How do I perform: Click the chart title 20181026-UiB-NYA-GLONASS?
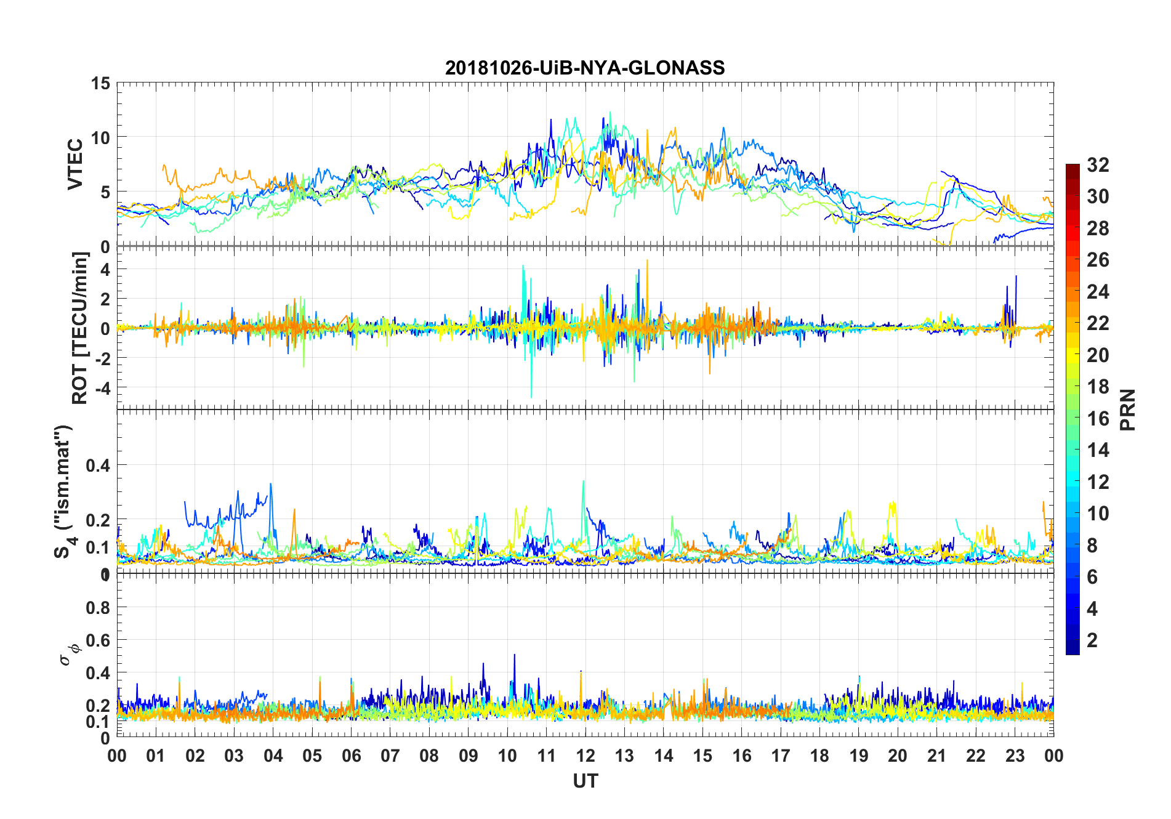pos(585,68)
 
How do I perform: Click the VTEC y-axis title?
pos(75,164)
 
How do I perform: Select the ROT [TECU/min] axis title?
pos(80,328)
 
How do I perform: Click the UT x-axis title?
pos(585,781)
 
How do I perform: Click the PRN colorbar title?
pos(1128,409)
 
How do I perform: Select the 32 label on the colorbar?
pos(1098,165)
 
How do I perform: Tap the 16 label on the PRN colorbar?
pos(1098,419)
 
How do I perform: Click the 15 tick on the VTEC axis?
pos(100,83)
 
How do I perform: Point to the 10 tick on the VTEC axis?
pos(100,137)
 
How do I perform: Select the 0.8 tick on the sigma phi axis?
pos(97,608)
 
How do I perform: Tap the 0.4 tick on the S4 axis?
pos(97,466)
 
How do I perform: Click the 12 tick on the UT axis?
pos(585,756)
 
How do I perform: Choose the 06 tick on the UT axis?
pos(351,756)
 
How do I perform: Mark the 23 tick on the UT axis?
pos(1015,756)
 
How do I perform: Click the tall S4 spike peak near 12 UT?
pos(584,481)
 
